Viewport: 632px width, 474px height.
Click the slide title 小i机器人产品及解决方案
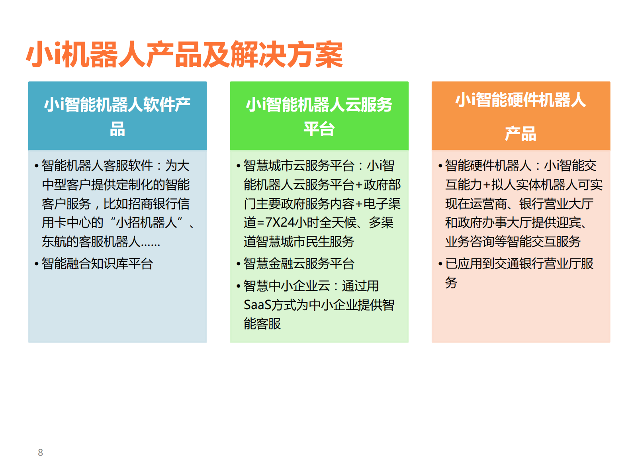click(184, 55)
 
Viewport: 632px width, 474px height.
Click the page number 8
click(40, 452)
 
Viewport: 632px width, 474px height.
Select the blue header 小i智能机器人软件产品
click(117, 116)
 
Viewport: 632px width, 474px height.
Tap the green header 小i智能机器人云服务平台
click(319, 116)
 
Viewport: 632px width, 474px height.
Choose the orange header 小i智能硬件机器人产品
click(520, 116)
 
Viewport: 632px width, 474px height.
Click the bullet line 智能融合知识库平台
click(97, 264)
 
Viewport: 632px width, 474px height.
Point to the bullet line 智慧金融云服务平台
click(299, 264)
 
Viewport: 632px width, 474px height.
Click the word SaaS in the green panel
click(258, 305)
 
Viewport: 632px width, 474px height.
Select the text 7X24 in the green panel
click(280, 222)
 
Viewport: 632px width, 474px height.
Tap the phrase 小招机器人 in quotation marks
click(146, 222)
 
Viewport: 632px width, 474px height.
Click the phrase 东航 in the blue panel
click(54, 241)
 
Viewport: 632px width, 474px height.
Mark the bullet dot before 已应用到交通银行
click(440, 264)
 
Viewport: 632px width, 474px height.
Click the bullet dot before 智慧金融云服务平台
click(238, 264)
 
